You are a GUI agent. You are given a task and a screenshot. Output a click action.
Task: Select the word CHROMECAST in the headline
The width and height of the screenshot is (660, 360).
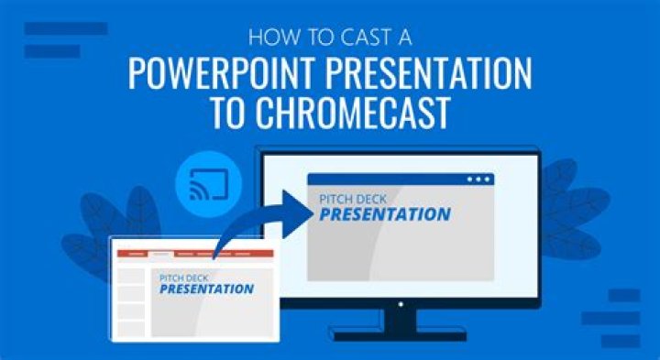[353, 113]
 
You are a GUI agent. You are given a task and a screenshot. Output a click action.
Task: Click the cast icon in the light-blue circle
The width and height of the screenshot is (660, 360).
[209, 184]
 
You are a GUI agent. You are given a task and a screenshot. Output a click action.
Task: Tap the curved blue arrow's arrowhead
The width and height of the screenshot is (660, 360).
[298, 213]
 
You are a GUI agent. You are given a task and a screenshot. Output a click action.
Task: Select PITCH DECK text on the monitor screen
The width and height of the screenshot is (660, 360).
[353, 199]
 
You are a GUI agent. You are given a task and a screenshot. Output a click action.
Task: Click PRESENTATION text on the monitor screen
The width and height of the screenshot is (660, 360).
[385, 214]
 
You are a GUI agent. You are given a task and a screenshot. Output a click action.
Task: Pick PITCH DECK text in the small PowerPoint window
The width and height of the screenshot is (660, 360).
[184, 278]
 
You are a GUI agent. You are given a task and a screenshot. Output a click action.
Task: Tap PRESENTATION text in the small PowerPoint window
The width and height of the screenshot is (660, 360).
[206, 289]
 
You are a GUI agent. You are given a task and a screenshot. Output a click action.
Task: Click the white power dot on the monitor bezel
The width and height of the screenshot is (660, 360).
[401, 304]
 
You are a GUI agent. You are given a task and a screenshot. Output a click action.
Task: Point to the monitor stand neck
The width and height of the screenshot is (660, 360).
[401, 320]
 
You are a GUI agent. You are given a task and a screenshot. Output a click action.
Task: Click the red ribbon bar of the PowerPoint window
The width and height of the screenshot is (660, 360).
[195, 254]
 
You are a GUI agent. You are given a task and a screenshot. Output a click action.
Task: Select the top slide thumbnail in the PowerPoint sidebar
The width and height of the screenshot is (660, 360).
[131, 276]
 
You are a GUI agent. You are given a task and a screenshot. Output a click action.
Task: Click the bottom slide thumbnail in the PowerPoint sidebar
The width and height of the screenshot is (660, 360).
[131, 329]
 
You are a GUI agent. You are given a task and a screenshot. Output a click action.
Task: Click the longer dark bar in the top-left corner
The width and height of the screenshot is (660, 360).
[66, 28]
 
